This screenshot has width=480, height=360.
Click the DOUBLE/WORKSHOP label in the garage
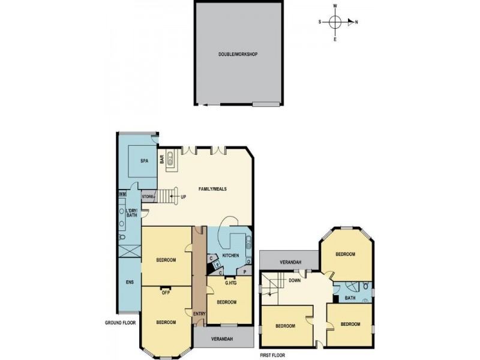tap(238, 55)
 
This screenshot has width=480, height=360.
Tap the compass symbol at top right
tap(335, 23)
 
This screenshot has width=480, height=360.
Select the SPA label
tap(144, 161)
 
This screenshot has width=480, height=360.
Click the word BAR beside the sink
tap(162, 160)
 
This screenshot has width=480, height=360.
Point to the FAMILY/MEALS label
tap(199, 188)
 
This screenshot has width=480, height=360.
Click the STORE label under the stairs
tap(148, 196)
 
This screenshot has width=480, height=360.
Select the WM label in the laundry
tap(122, 194)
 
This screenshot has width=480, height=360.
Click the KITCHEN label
tap(230, 256)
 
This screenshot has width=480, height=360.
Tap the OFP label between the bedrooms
tap(166, 293)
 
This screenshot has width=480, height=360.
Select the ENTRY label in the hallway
tap(199, 314)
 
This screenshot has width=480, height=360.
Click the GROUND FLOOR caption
tap(120, 323)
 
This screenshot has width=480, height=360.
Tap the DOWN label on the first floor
tap(295, 280)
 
